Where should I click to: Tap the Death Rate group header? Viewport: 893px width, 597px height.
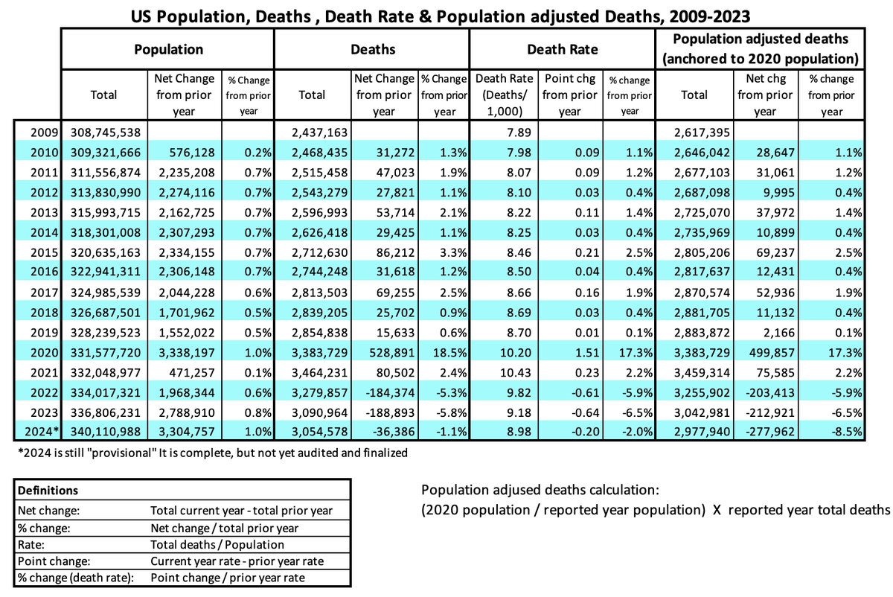[562, 49]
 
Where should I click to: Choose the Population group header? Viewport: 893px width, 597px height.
[168, 49]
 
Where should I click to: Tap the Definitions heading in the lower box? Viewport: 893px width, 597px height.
[48, 491]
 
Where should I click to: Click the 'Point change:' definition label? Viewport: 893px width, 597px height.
[49, 561]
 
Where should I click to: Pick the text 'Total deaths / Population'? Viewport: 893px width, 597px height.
[211, 544]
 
